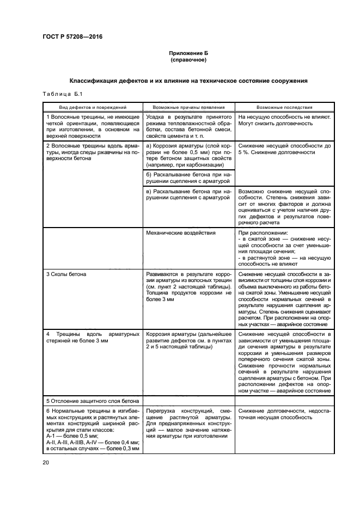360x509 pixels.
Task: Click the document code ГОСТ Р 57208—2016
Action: pyautogui.click(x=72, y=37)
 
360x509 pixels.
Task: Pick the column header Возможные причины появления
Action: pyautogui.click(x=188, y=108)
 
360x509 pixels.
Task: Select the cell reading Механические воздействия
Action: pyautogui.click(x=181, y=232)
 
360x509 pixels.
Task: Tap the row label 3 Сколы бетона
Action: pyautogui.click(x=66, y=274)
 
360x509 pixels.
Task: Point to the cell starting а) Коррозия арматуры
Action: pyautogui.click(x=188, y=155)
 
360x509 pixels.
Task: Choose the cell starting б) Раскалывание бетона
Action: pyautogui.click(x=188, y=178)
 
